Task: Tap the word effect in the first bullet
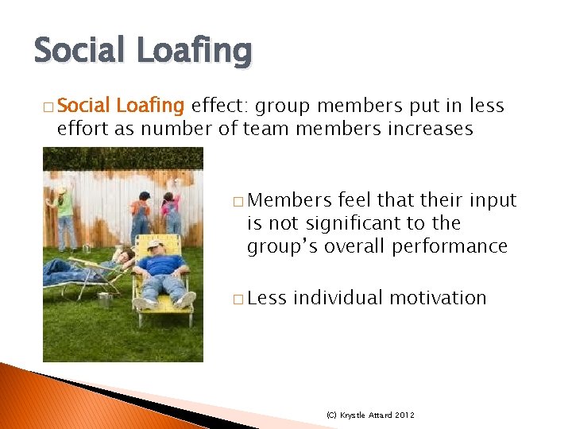(x=220, y=106)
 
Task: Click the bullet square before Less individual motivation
(x=238, y=300)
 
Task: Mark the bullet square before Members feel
(x=238, y=202)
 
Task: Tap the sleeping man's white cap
(x=155, y=244)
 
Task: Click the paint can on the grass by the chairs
(x=104, y=300)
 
